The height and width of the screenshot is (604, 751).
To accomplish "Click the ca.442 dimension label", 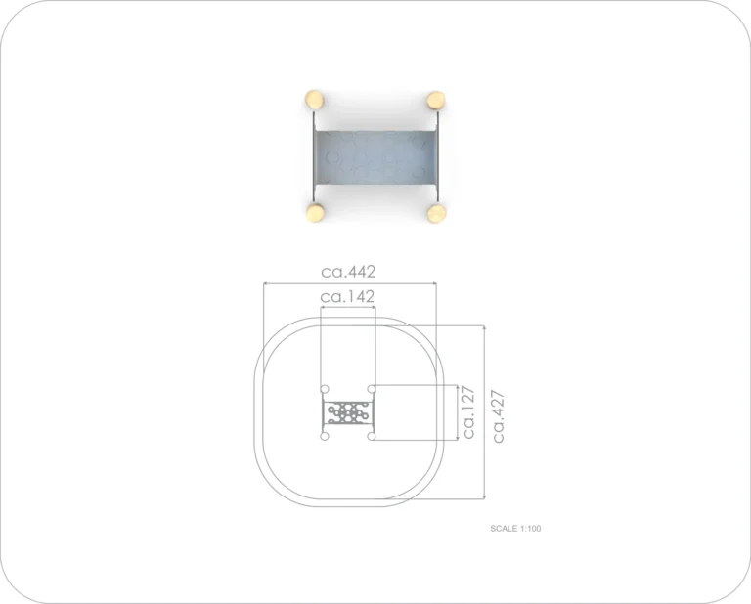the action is click(x=348, y=272).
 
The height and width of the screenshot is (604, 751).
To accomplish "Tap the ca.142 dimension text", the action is click(x=347, y=297).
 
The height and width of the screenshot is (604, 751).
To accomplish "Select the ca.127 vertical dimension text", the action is click(x=468, y=412).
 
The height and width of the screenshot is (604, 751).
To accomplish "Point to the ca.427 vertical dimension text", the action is click(x=498, y=416).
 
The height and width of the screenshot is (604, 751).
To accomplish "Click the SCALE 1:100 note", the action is click(x=515, y=529).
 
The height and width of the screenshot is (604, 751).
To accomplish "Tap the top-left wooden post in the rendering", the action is click(x=314, y=100).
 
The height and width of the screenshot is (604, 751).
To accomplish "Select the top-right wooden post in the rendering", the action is click(x=436, y=101).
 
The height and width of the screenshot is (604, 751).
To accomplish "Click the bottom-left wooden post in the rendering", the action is click(x=316, y=212).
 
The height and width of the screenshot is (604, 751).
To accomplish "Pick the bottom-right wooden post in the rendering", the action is click(x=437, y=213).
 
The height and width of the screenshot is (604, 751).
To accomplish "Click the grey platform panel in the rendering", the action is click(x=375, y=159).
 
